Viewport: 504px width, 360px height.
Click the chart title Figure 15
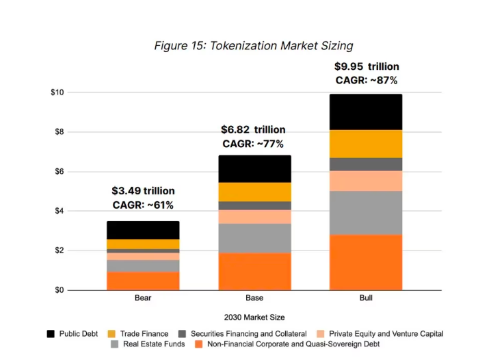[x=253, y=46]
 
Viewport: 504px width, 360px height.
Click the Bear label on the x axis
[x=143, y=298]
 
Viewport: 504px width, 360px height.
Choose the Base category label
[x=254, y=298]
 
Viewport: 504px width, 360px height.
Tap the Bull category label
[x=366, y=298]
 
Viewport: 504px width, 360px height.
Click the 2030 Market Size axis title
[x=254, y=317]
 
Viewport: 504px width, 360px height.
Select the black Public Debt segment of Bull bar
[x=366, y=112]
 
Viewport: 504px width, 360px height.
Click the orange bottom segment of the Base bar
[x=254, y=271]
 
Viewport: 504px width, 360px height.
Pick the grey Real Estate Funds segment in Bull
[x=366, y=213]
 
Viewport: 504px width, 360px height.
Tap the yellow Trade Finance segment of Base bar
[x=254, y=192]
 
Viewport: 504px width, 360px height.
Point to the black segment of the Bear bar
[x=143, y=230]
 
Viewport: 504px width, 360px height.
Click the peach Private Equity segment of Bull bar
[x=366, y=181]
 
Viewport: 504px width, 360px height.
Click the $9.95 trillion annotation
[x=367, y=67]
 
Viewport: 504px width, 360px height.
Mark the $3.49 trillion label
[x=143, y=191]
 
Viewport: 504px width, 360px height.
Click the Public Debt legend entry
[x=73, y=334]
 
